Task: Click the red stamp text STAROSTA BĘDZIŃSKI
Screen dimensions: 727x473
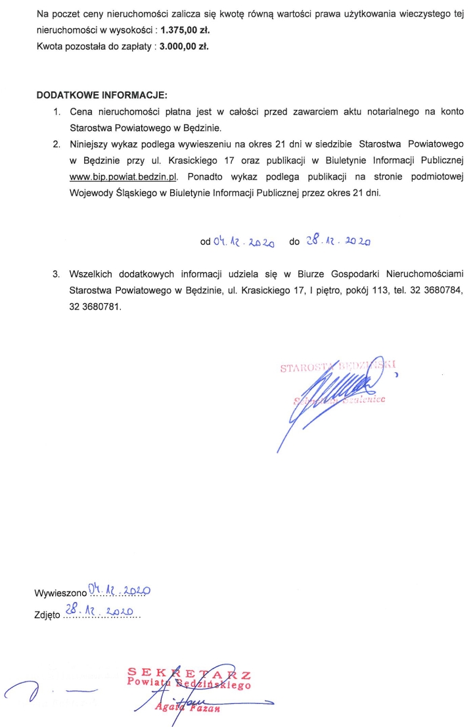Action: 340,367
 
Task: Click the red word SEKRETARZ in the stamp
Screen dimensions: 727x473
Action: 189,674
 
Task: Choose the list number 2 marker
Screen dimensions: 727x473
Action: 57,143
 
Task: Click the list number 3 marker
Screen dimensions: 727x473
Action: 57,273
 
